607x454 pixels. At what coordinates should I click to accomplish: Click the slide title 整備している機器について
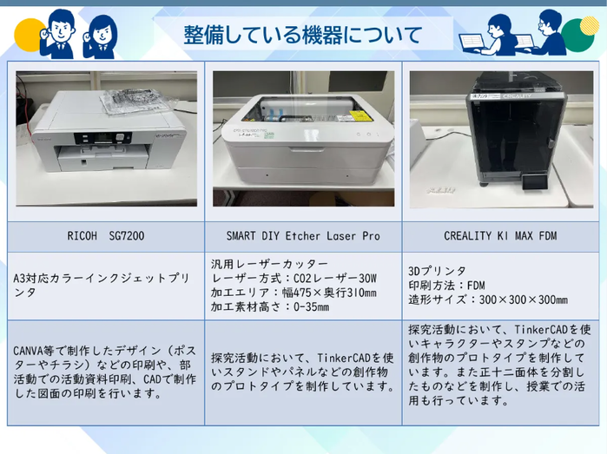pos(302,35)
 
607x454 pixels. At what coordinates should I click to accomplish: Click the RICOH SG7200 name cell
pos(106,236)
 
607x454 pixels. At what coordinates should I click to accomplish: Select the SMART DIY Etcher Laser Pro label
pos(303,236)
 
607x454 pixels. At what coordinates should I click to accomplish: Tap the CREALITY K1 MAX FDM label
pos(500,236)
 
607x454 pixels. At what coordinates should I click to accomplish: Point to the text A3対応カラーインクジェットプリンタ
pos(102,286)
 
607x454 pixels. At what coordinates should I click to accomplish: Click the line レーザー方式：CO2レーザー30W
pos(294,279)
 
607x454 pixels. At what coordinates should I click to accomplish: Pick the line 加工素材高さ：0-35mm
pos(270,307)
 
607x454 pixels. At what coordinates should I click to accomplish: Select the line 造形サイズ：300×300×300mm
pos(488,299)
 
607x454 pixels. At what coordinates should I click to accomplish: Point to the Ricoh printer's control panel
pos(102,138)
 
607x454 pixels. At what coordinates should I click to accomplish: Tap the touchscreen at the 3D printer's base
pos(535,181)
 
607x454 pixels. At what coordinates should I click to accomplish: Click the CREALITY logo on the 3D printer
pos(517,95)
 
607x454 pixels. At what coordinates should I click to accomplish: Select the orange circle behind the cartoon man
pos(29,35)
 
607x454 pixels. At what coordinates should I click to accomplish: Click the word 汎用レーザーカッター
pos(269,264)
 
